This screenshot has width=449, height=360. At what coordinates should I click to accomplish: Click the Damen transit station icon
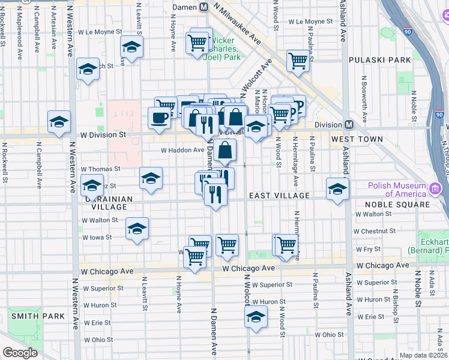pyautogui.click(x=203, y=7)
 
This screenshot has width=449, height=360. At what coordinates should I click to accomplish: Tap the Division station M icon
pyautogui.click(x=348, y=125)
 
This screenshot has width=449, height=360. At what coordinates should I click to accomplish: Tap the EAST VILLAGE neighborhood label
pyautogui.click(x=279, y=196)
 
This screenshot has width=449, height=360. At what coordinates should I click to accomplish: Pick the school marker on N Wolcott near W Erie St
pyautogui.click(x=256, y=316)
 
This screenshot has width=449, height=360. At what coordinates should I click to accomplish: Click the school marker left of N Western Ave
pyautogui.click(x=59, y=121)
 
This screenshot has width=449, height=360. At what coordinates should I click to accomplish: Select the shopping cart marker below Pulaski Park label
pyautogui.click(x=298, y=60)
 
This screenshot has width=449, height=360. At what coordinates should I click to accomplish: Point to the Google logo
pyautogui.click(x=20, y=353)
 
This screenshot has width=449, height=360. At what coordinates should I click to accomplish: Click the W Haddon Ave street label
pyautogui.click(x=182, y=150)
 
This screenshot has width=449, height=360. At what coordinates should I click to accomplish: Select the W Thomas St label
pyautogui.click(x=101, y=170)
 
